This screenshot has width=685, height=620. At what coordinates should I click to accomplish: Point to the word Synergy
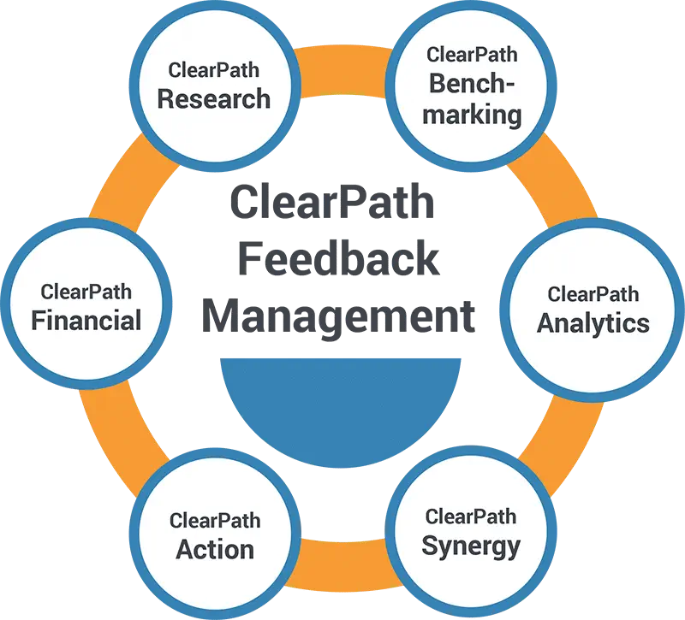coord(470,545)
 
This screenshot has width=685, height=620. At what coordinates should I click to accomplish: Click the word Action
coord(215,548)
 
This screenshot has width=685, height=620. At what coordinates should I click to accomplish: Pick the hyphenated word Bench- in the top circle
coord(471,84)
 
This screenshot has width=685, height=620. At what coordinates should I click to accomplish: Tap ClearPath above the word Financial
coord(86,292)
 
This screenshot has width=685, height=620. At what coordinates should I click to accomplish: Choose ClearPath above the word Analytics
coord(593,294)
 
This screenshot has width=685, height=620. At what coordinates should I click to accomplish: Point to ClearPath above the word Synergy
coord(471,517)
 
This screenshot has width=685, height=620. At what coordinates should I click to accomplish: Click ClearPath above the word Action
coord(215,520)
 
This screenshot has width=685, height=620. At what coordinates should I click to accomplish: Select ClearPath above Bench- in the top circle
coord(471,56)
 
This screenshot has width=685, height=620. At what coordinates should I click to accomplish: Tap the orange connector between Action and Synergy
coord(342,560)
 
